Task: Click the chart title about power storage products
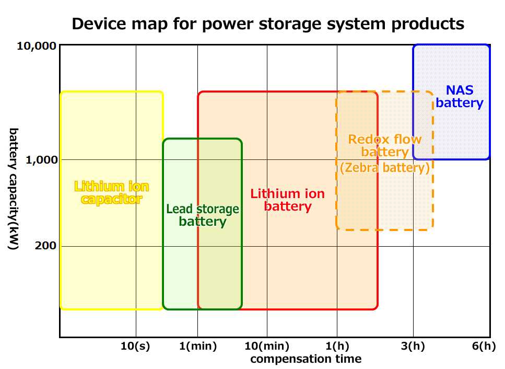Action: [x=267, y=24]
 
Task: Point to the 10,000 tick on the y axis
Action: [x=37, y=46]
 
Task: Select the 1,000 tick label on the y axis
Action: [x=41, y=160]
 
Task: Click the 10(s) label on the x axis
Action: [x=135, y=346]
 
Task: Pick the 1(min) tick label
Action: [x=197, y=346]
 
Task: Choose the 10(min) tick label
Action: [x=267, y=346]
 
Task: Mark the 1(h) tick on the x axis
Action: [x=337, y=346]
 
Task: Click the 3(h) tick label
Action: [x=413, y=346]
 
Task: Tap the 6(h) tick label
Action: [x=483, y=346]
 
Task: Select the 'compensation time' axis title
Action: [x=306, y=359]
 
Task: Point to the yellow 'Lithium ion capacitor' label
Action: [x=112, y=192]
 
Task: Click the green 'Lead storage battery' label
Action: [x=203, y=215]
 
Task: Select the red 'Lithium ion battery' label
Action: [x=288, y=200]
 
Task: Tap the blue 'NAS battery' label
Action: [x=460, y=96]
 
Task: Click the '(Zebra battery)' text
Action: [x=384, y=168]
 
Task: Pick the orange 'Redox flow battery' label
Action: [x=385, y=145]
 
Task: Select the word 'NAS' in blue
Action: [x=460, y=90]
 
